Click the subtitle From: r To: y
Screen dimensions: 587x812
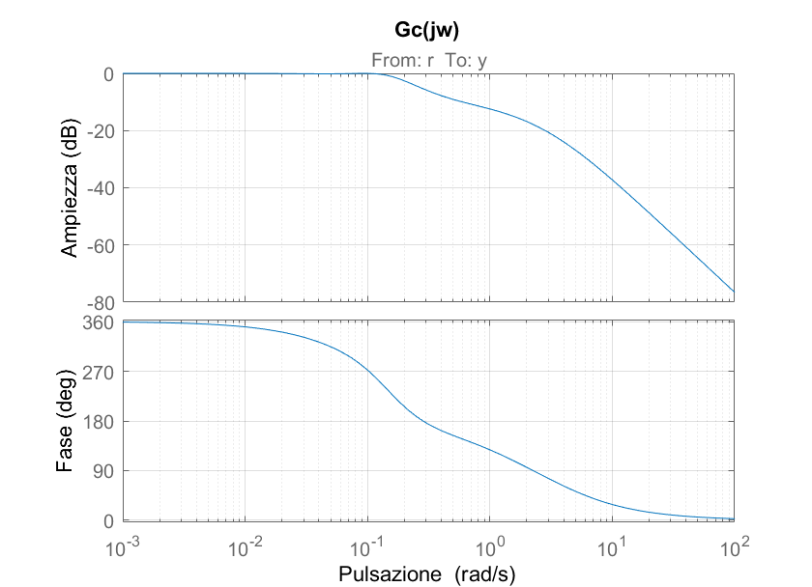pyautogui.click(x=428, y=60)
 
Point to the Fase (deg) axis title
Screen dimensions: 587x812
pyautogui.click(x=66, y=421)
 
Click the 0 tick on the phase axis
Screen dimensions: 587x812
pyautogui.click(x=109, y=521)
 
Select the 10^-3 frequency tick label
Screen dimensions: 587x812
pyautogui.click(x=124, y=547)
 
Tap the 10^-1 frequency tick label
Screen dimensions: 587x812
pyautogui.click(x=368, y=547)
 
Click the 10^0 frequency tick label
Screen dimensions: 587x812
pyautogui.click(x=490, y=547)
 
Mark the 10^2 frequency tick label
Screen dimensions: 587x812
pyautogui.click(x=735, y=547)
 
